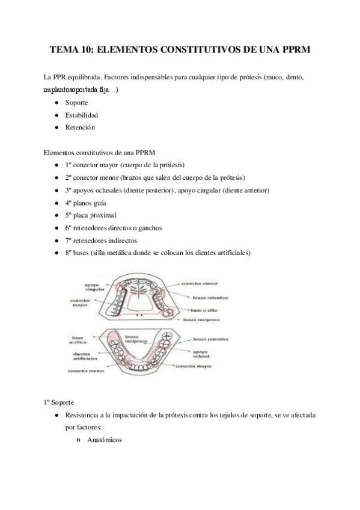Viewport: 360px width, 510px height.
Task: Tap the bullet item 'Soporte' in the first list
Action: [76, 103]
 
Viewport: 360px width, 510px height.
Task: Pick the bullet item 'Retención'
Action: [80, 127]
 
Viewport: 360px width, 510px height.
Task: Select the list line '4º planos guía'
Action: [86, 203]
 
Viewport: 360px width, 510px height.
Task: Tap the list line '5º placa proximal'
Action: [91, 215]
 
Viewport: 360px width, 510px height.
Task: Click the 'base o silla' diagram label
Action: [204, 310]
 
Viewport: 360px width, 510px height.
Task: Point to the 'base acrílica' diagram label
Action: [80, 341]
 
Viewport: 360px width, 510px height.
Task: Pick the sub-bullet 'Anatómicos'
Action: [104, 440]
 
